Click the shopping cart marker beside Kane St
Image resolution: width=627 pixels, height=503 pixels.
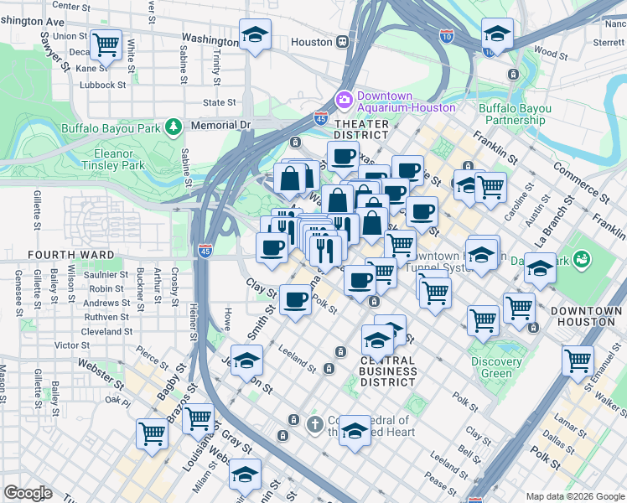[x=106, y=44]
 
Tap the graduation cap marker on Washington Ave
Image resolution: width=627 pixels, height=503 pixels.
[x=256, y=34]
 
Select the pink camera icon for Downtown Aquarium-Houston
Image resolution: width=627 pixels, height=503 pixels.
[x=344, y=101]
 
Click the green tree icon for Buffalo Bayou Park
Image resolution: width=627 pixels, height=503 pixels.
[x=174, y=127]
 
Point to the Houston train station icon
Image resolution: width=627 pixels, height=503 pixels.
[x=343, y=42]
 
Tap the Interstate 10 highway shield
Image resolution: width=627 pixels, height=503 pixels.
[x=447, y=35]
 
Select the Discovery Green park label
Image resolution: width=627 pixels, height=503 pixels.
[x=496, y=368]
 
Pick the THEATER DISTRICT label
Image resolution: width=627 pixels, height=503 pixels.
[x=362, y=129]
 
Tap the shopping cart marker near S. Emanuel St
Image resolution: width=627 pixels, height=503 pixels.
[x=578, y=360]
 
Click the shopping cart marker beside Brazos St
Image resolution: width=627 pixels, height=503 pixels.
[x=152, y=433]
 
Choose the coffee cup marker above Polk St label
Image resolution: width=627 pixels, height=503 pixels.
[x=294, y=299]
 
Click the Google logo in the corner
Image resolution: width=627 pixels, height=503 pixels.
[x=27, y=493]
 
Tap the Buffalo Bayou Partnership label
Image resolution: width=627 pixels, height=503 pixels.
[x=515, y=114]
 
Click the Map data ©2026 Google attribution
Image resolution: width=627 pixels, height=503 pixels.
[x=574, y=496]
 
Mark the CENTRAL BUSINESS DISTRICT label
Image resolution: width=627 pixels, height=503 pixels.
[x=388, y=371]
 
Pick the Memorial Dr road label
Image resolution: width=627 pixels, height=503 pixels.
[x=220, y=125]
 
